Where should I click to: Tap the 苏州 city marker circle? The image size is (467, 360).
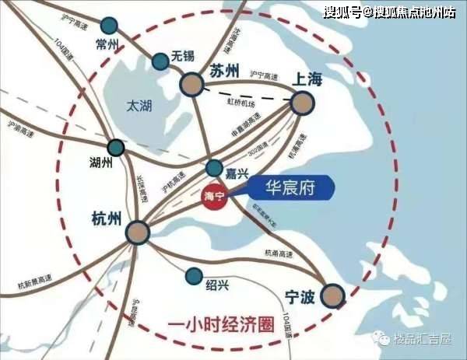tap(191, 85)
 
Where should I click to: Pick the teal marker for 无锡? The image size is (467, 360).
tap(160, 59)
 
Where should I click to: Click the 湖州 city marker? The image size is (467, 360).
tap(115, 146)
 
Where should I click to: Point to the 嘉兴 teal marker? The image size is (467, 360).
tap(214, 168)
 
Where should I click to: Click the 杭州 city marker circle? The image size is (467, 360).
tap(138, 232)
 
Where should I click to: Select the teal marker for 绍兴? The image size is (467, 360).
tap(192, 274)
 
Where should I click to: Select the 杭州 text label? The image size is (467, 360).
tap(105, 219)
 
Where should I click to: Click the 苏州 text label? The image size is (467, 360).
tap(225, 71)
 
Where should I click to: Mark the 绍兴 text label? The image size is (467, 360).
tap(217, 285)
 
